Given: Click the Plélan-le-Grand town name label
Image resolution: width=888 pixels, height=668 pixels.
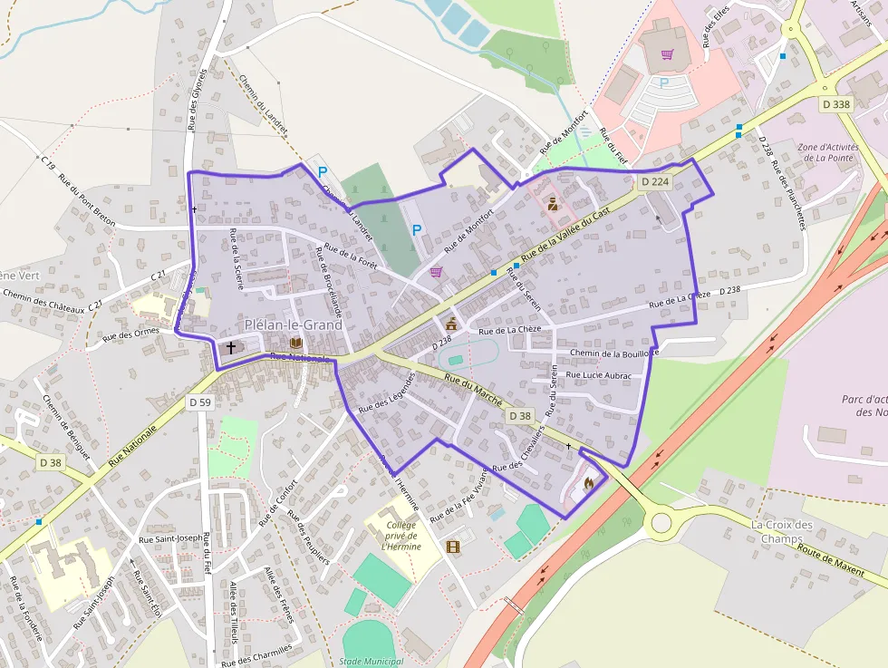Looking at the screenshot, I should click(x=294, y=324).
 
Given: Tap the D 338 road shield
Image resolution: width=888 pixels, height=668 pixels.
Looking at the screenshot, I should click(x=837, y=104).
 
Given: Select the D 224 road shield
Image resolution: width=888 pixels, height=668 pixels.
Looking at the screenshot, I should click(x=654, y=181).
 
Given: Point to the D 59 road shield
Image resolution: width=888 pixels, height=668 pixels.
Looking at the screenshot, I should click(x=199, y=401).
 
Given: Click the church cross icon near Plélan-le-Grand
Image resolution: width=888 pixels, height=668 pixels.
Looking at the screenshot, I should click(x=230, y=346).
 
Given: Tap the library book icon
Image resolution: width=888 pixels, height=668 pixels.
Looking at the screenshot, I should click(x=295, y=343).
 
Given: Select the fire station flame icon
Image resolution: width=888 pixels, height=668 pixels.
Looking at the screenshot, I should click(x=589, y=484).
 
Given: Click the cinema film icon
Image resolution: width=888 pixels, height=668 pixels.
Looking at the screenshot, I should click(x=453, y=547).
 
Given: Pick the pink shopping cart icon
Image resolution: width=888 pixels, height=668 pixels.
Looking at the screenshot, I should click(x=668, y=54).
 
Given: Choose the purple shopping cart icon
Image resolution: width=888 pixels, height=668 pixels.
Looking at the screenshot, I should click(x=436, y=272).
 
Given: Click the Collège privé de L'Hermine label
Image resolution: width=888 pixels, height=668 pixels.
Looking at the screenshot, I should click(x=400, y=536).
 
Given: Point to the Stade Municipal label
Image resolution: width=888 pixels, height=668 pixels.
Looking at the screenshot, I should click(x=371, y=662).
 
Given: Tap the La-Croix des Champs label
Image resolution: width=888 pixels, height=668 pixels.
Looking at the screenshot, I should click(x=782, y=532).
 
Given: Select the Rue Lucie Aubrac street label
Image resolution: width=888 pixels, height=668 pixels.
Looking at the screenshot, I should click(x=598, y=374).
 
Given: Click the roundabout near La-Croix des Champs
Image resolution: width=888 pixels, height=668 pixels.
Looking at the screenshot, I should click(x=661, y=523).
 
